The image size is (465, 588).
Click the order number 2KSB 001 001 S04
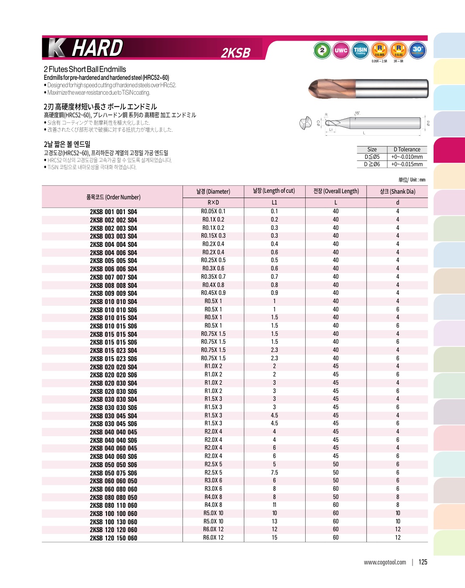click(x=113, y=212)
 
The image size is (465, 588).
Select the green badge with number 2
click(x=322, y=50)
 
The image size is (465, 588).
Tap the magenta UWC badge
click(x=341, y=50)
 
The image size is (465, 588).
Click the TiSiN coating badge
click(x=360, y=50)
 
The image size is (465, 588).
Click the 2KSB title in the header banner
click(x=235, y=53)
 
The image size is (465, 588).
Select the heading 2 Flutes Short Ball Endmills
click(x=85, y=69)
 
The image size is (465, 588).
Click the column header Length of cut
click(x=274, y=191)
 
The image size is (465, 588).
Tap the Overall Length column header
click(x=336, y=191)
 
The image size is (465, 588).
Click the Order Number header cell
click(x=113, y=197)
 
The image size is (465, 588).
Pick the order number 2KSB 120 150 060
click(x=113, y=538)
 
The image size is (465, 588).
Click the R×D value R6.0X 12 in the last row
click(x=213, y=538)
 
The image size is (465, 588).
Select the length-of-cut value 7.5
click(x=274, y=472)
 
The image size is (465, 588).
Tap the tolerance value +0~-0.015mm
click(x=407, y=164)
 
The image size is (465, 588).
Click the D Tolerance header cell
click(x=407, y=149)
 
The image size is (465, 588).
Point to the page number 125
click(x=423, y=562)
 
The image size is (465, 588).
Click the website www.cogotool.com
click(x=385, y=562)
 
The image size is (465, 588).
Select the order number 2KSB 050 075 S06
click(x=113, y=473)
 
